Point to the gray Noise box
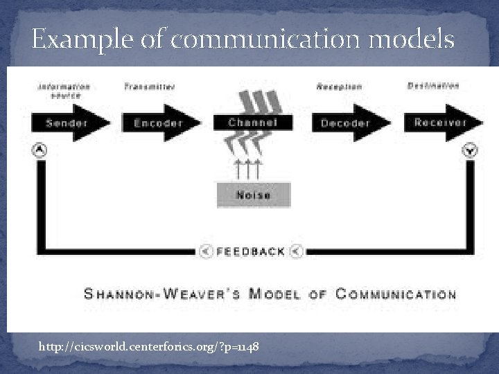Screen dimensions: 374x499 click(x=254, y=195)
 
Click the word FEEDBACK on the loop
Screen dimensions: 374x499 click(x=252, y=251)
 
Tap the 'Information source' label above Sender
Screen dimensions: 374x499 click(x=64, y=90)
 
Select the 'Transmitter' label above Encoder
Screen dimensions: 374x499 click(x=150, y=87)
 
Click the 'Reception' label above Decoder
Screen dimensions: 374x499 click(x=339, y=87)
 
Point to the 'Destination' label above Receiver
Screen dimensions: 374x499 click(x=433, y=86)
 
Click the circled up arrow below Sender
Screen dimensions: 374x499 click(x=40, y=150)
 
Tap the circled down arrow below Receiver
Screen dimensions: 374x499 click(x=471, y=150)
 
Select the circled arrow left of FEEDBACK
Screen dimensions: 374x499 click(x=206, y=251)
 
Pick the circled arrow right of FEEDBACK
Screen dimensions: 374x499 click(x=297, y=251)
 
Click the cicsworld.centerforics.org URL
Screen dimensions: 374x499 click(x=150, y=346)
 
